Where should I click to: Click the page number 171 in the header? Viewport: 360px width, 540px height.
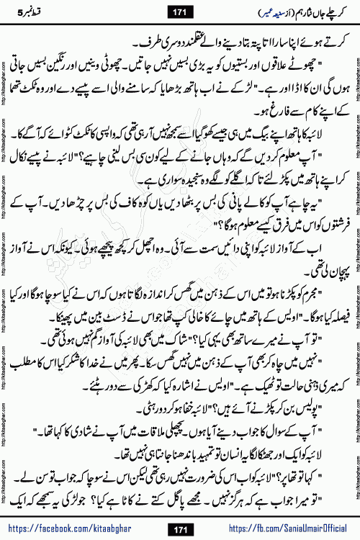(180, 12)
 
